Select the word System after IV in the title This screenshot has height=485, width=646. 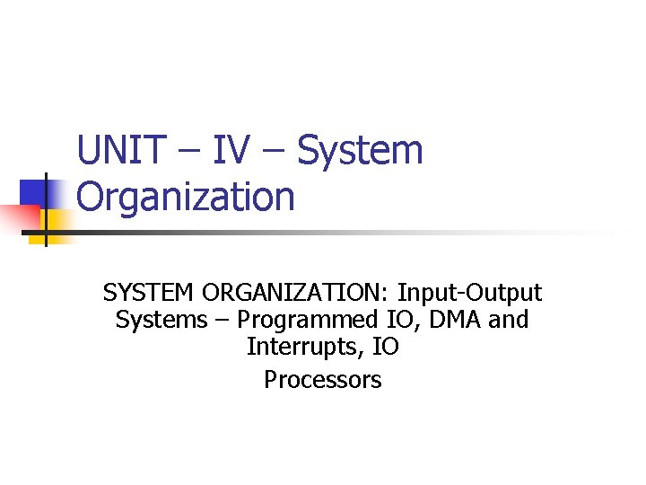[360, 151]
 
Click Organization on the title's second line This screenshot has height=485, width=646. [186, 197]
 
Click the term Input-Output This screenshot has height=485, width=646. [470, 293]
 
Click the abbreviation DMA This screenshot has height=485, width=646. [448, 320]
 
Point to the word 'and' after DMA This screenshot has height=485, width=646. [508, 320]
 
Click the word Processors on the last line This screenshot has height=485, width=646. [322, 380]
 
